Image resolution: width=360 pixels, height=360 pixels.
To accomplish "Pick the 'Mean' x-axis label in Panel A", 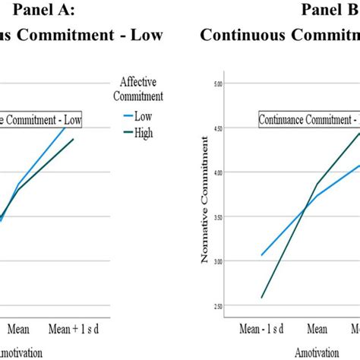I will [x=24, y=330].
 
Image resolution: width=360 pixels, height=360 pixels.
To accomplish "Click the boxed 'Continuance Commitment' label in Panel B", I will [x=308, y=119].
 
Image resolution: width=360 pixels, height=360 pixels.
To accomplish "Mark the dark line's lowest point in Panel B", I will [x=262, y=298].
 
